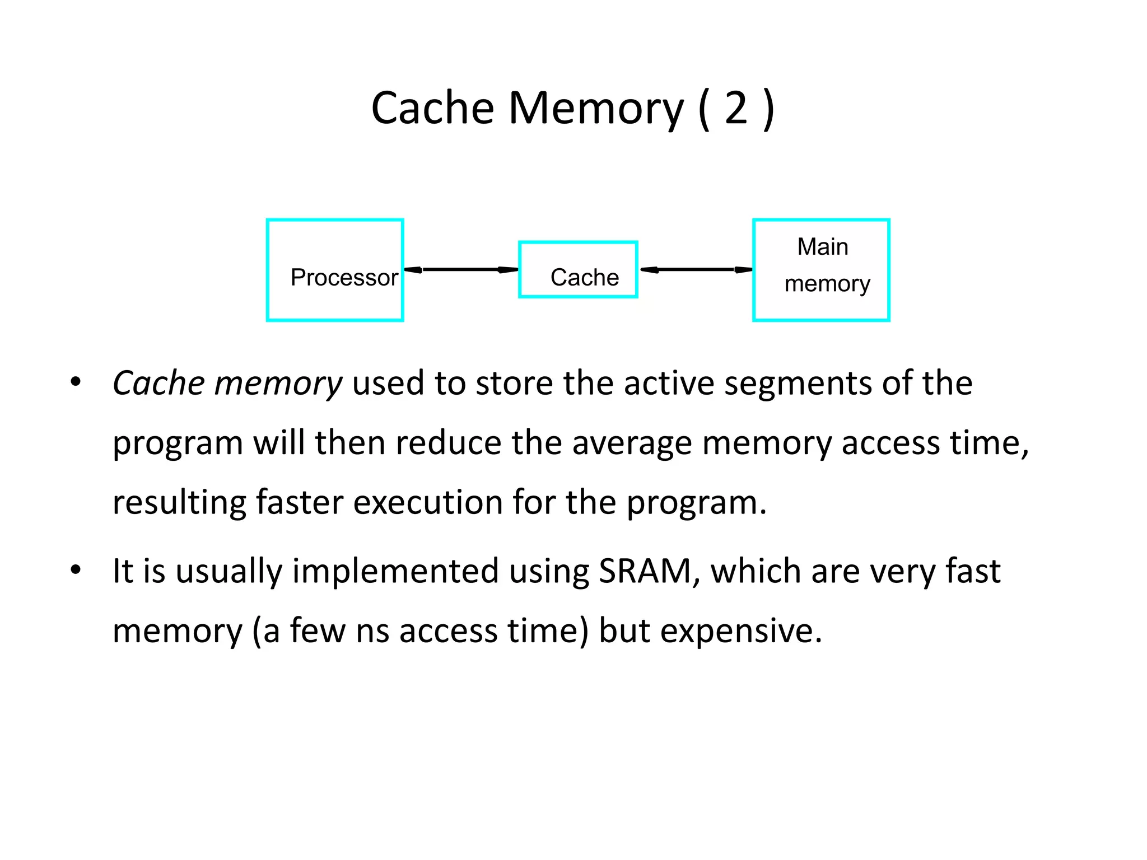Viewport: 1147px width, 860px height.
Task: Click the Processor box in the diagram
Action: pyautogui.click(x=335, y=270)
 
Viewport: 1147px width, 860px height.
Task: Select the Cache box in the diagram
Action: pyautogui.click(x=578, y=270)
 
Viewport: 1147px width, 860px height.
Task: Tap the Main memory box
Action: pyautogui.click(x=821, y=270)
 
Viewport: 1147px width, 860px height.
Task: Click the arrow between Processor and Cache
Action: pyautogui.click(x=461, y=270)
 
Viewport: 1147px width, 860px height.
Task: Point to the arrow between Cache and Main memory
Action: pyautogui.click(x=696, y=270)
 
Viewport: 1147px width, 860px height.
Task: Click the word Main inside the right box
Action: pyautogui.click(x=822, y=246)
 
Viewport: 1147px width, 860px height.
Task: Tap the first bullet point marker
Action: pyautogui.click(x=76, y=383)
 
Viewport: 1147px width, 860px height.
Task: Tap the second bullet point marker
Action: pyautogui.click(x=76, y=571)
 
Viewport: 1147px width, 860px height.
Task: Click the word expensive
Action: pyautogui.click(x=740, y=631)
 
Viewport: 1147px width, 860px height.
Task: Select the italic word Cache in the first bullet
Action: pyautogui.click(x=158, y=384)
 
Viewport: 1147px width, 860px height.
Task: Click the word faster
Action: pyautogui.click(x=299, y=502)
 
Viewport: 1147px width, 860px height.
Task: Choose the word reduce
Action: pyautogui.click(x=448, y=443)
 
